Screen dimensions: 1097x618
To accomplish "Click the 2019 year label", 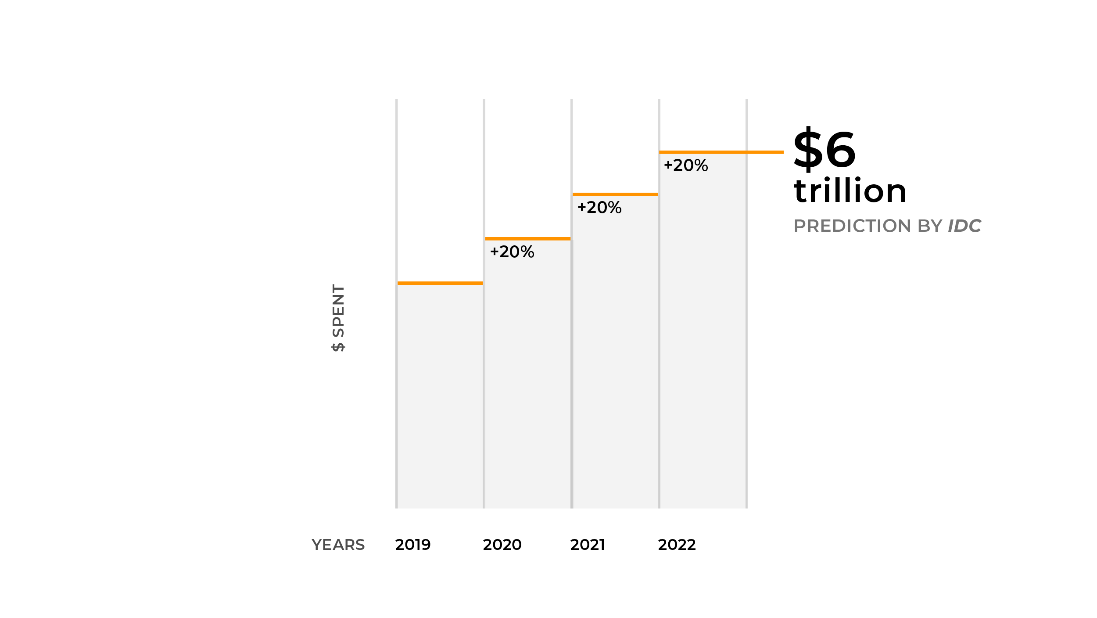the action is coord(412,545).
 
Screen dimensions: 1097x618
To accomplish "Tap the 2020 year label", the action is coord(502,545).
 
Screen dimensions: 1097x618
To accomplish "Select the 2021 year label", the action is coord(588,545).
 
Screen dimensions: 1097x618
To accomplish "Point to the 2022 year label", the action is coord(677,545).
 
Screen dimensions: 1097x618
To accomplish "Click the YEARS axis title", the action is coord(338,545).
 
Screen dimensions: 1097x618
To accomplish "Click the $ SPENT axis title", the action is coord(338,318).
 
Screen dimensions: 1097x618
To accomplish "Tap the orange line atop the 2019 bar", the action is coord(440,283).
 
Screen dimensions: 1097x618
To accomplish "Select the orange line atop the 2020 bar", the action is coord(528,239).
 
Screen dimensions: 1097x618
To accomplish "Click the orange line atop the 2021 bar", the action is coord(615,194).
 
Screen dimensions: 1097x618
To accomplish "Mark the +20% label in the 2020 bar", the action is coord(512,252).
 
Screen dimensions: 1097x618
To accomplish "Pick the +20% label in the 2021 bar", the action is coord(599,208).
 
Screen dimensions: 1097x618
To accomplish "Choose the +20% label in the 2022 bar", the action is coord(686,165).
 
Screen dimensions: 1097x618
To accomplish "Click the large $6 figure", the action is coord(825,149).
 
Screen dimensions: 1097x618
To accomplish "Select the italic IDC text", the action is coord(964,226).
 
